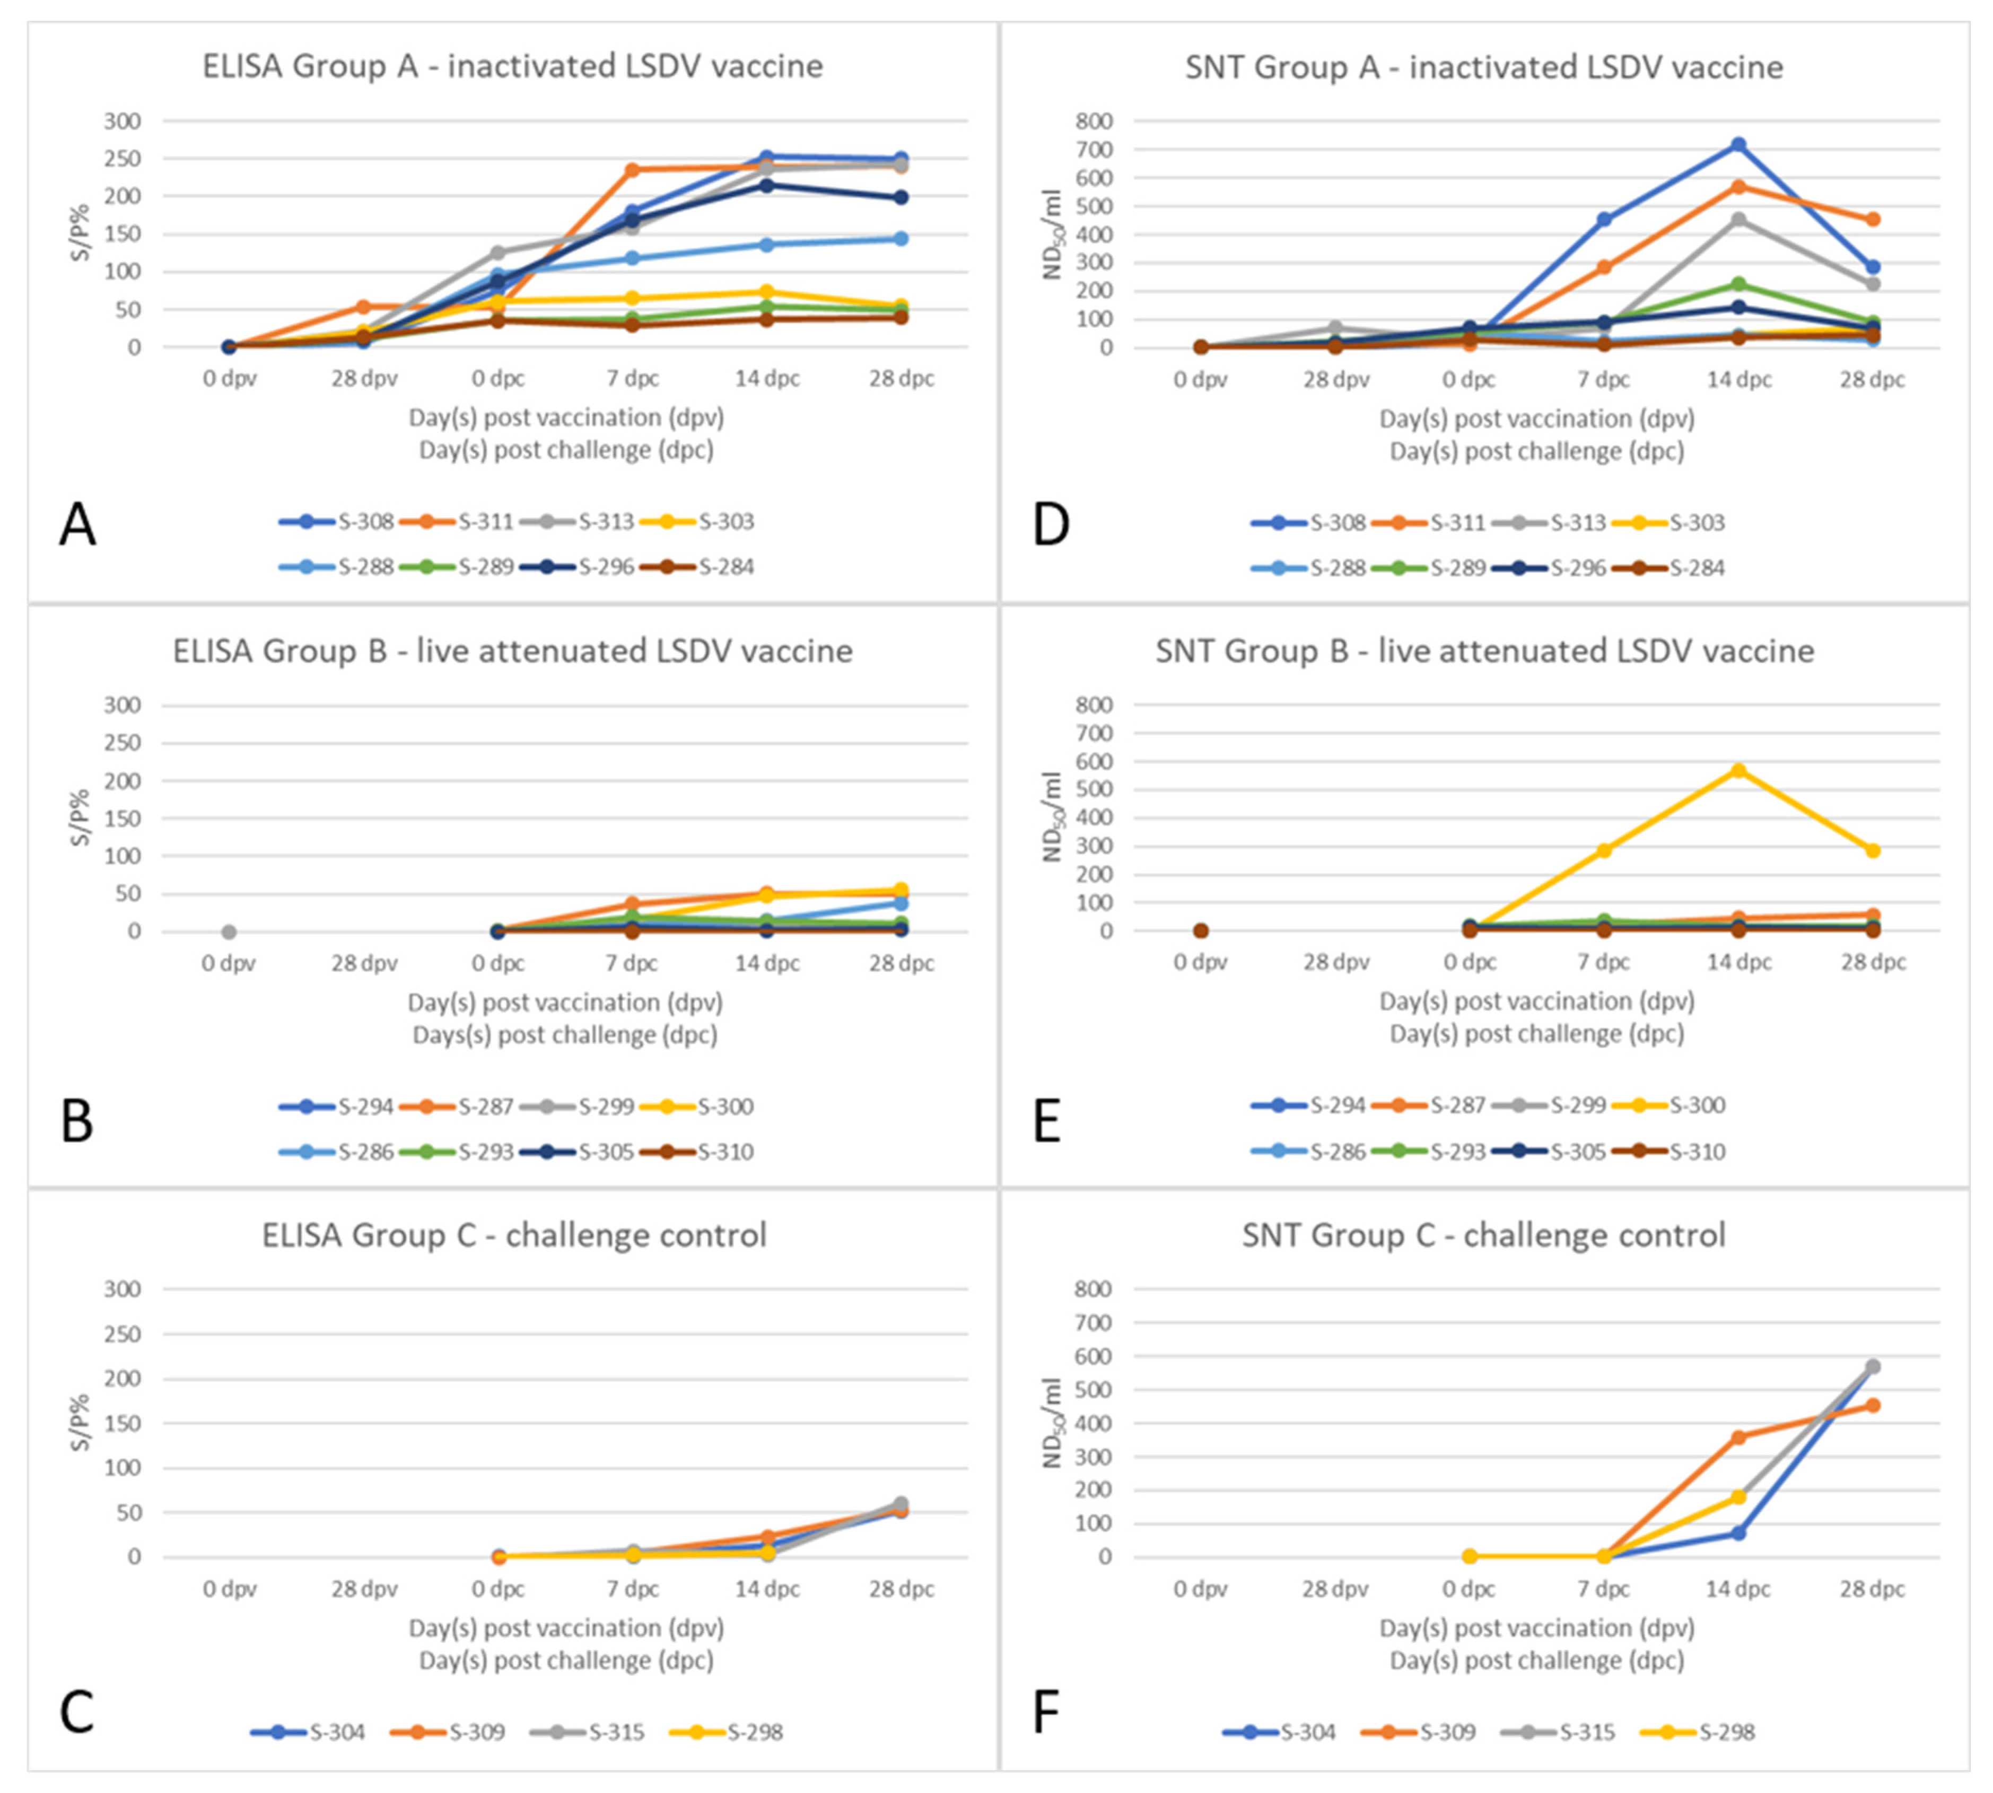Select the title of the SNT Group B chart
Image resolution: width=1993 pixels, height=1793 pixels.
[1484, 651]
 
